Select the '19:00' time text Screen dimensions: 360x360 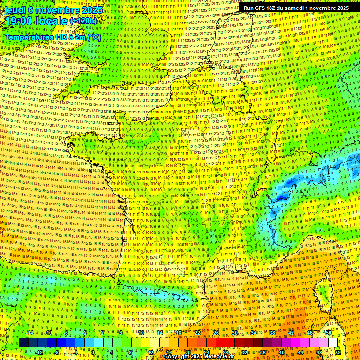pyautogui.click(x=21, y=21)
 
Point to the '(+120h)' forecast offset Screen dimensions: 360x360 pyautogui.click(x=83, y=21)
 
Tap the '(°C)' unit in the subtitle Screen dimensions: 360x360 pyautogui.click(x=93, y=37)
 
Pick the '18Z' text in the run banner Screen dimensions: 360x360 pyautogui.click(x=277, y=8)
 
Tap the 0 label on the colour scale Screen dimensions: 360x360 pyautogui.click(x=93, y=352)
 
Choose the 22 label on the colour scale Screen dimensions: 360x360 pyautogui.click(x=197, y=333)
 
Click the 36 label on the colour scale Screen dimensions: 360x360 pyautogui.click(x=262, y=352)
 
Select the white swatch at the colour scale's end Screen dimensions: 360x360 pyautogui.click(x=333, y=343)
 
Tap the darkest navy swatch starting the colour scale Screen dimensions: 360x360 pyautogui.click(x=23, y=343)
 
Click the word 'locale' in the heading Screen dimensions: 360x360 pyautogui.click(x=52, y=21)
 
